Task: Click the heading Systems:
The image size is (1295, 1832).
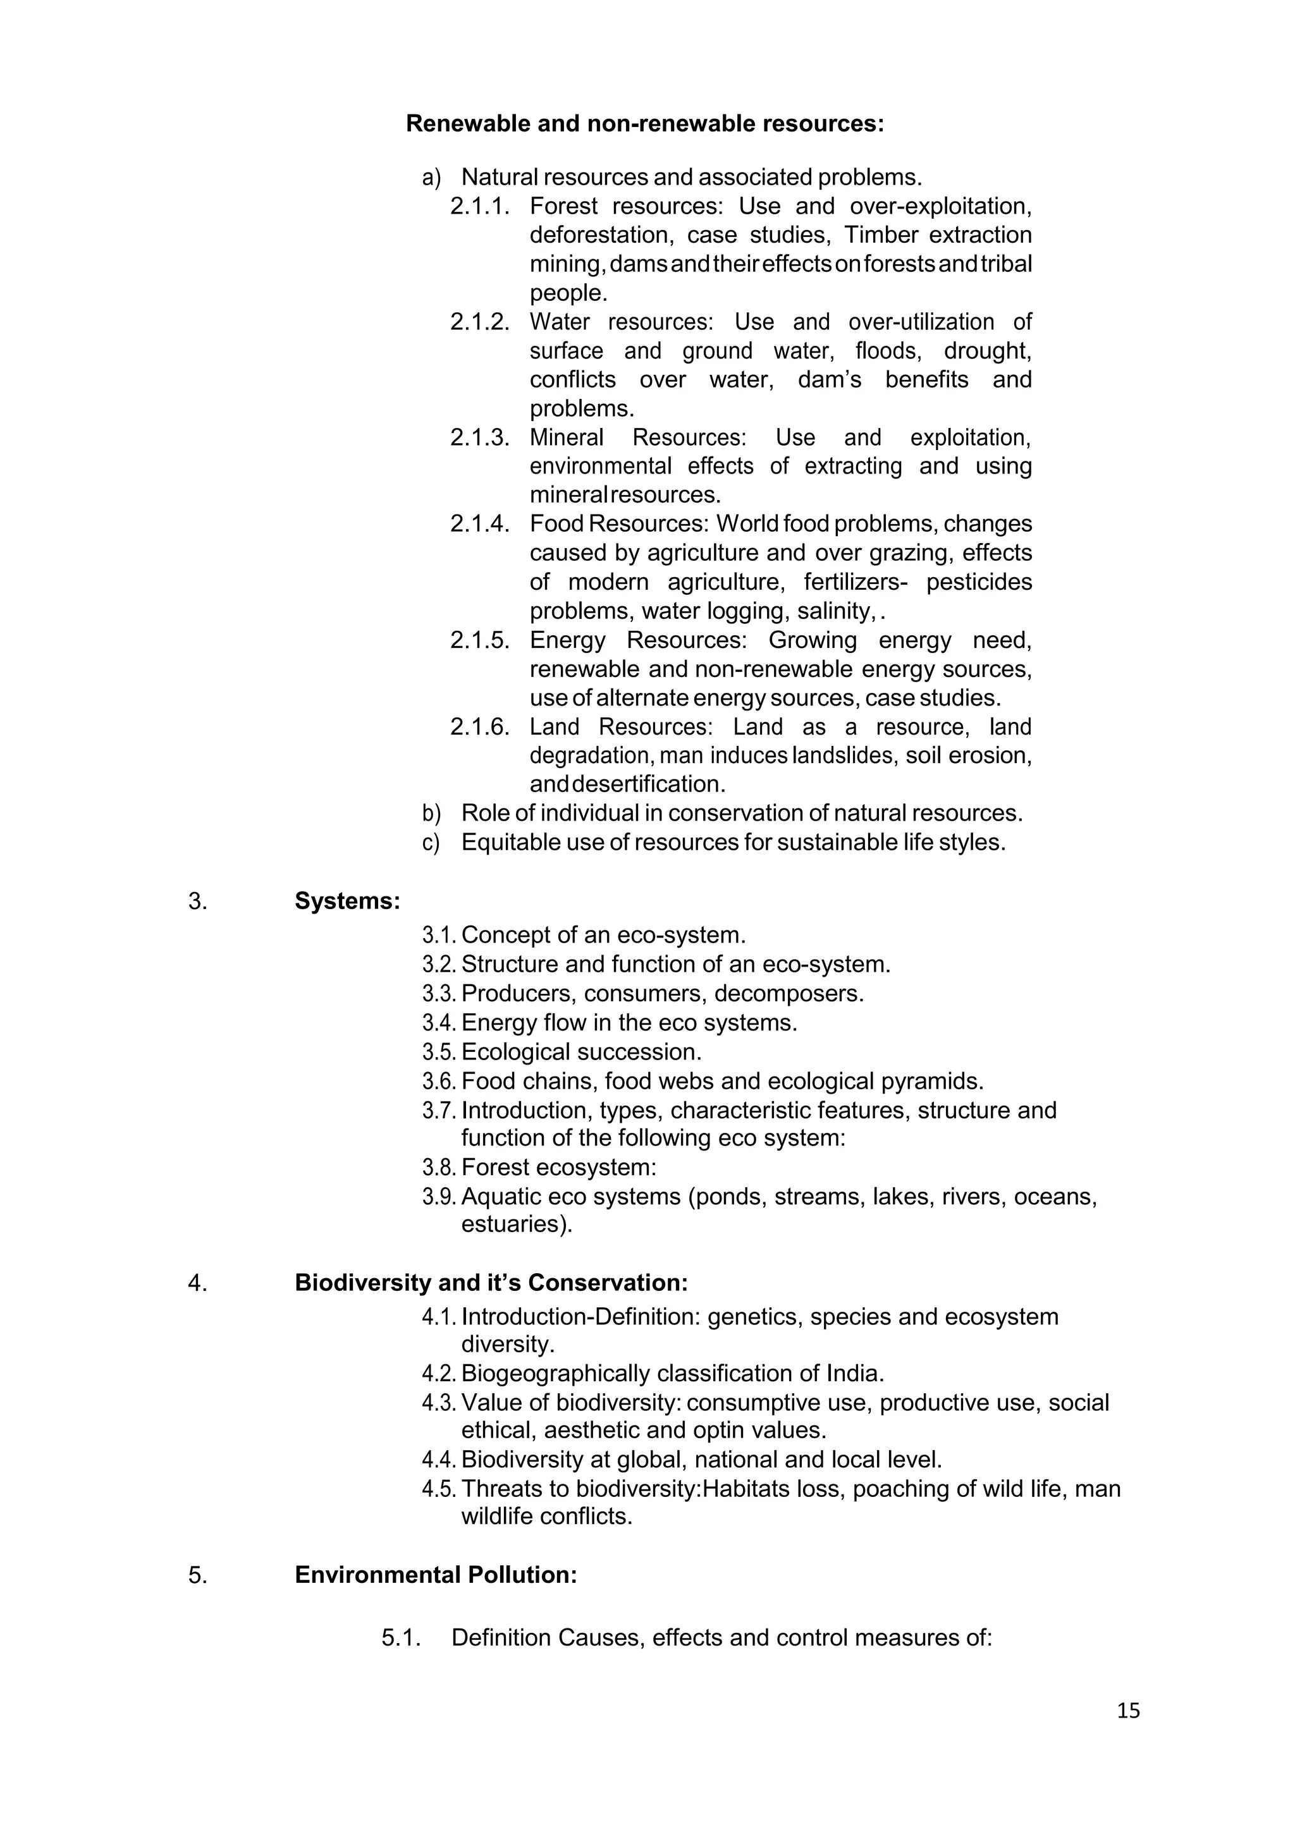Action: [347, 901]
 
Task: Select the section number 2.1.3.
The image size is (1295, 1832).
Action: [479, 437]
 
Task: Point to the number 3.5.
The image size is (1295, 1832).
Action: [438, 1053]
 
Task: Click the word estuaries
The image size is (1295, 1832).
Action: [515, 1224]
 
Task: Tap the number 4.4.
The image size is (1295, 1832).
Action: [438, 1460]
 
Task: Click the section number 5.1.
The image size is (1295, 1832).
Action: [400, 1638]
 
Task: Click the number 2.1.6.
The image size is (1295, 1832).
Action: [479, 727]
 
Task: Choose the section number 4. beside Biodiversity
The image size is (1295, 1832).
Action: [197, 1283]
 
